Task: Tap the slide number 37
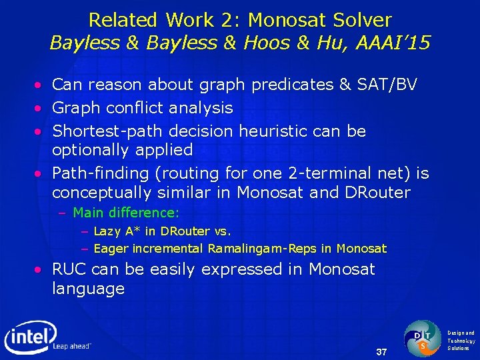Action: (382, 351)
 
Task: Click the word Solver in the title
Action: (360, 20)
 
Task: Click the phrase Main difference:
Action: (126, 213)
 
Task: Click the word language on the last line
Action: (89, 289)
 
